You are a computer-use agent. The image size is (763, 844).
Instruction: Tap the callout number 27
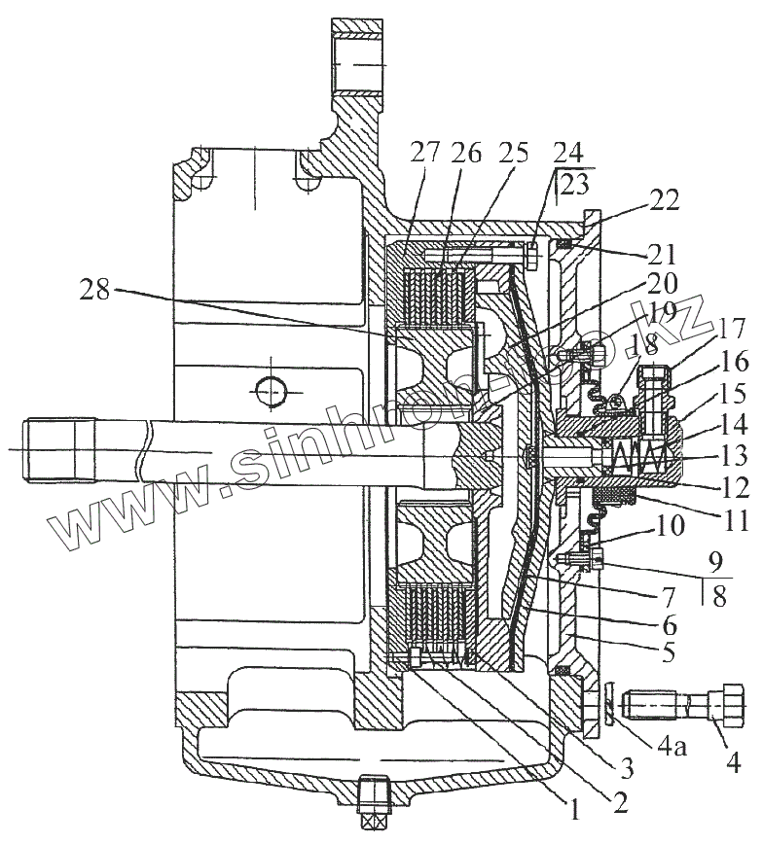click(x=424, y=153)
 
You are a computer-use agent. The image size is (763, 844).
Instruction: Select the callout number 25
click(x=515, y=153)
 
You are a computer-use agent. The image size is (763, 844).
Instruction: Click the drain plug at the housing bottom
click(x=374, y=803)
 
